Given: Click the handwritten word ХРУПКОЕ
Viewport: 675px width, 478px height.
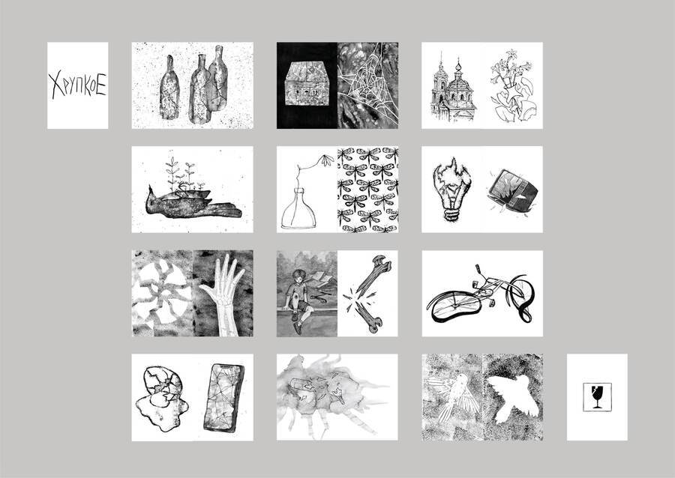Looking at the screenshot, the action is click(77, 85).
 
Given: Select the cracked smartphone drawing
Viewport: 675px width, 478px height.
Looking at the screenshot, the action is click(223, 398).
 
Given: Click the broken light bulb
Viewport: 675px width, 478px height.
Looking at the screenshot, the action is click(451, 189).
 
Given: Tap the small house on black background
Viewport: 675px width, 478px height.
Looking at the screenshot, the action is click(307, 83).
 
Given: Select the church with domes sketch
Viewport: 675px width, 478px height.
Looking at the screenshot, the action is click(453, 89).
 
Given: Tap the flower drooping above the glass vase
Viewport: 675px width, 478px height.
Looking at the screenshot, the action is click(327, 160).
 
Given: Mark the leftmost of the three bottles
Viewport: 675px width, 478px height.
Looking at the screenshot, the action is click(169, 88).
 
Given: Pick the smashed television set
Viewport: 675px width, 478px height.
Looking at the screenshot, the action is click(514, 191).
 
